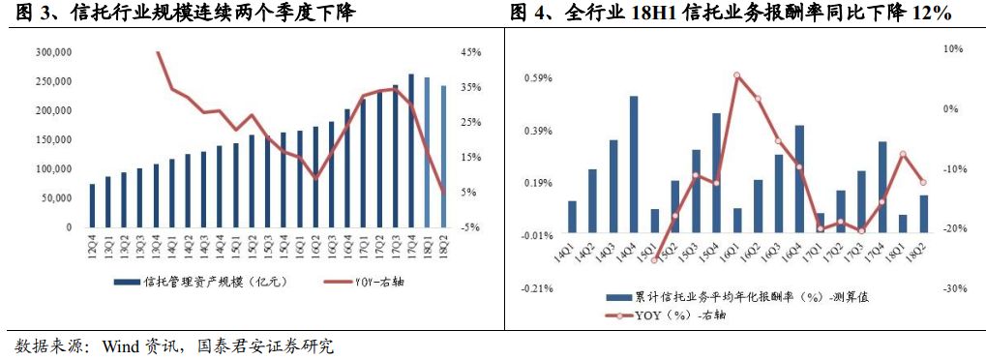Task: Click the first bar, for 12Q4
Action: tap(92, 205)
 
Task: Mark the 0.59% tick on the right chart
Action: tap(538, 78)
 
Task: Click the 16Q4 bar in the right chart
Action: tap(799, 178)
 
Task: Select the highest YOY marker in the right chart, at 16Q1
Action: tap(737, 75)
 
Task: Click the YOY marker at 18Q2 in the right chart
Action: tap(923, 182)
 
